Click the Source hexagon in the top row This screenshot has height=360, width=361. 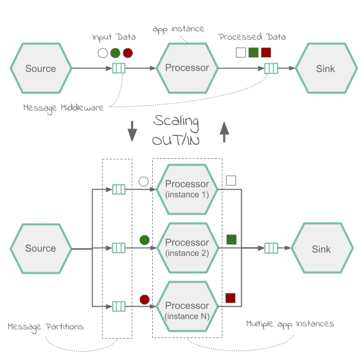pyautogui.click(x=41, y=68)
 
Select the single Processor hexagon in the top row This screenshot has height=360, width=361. pyautogui.click(x=187, y=68)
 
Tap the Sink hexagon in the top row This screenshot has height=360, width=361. pyautogui.click(x=325, y=68)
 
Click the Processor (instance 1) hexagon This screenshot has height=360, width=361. pyautogui.click(x=187, y=189)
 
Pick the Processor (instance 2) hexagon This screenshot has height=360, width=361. pyautogui.click(x=187, y=248)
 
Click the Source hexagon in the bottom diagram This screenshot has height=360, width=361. pyautogui.click(x=41, y=249)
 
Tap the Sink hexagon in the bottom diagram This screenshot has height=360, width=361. pyautogui.click(x=321, y=249)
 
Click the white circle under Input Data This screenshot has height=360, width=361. pyautogui.click(x=103, y=53)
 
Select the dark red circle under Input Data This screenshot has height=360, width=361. pyautogui.click(x=128, y=53)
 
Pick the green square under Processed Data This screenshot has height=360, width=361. pyautogui.click(x=253, y=52)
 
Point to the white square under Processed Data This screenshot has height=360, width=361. pyautogui.click(x=241, y=52)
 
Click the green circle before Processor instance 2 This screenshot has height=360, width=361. pyautogui.click(x=144, y=240)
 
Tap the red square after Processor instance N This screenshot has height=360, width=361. pyautogui.click(x=230, y=298)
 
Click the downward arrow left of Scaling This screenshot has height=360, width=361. pyautogui.click(x=132, y=131)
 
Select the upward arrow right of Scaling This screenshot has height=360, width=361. pyautogui.click(x=224, y=131)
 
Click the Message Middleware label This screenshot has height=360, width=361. pyautogui.click(x=63, y=108)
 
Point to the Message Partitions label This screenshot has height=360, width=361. pyautogui.click(x=46, y=327)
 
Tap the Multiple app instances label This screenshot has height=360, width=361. pyautogui.click(x=290, y=324)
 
